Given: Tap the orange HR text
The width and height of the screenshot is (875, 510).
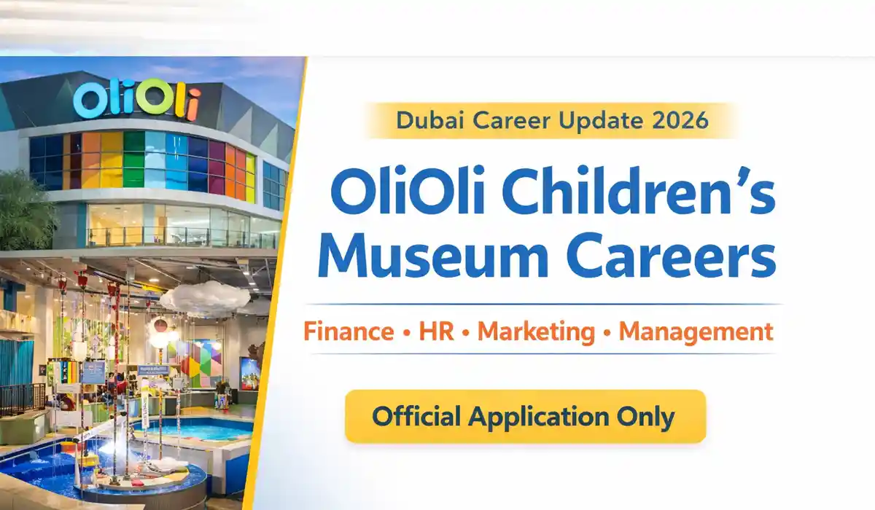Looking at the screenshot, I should (x=436, y=332).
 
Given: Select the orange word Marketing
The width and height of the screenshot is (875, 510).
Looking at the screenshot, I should (x=536, y=332).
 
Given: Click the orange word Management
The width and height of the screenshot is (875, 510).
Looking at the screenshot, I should (x=696, y=332).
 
